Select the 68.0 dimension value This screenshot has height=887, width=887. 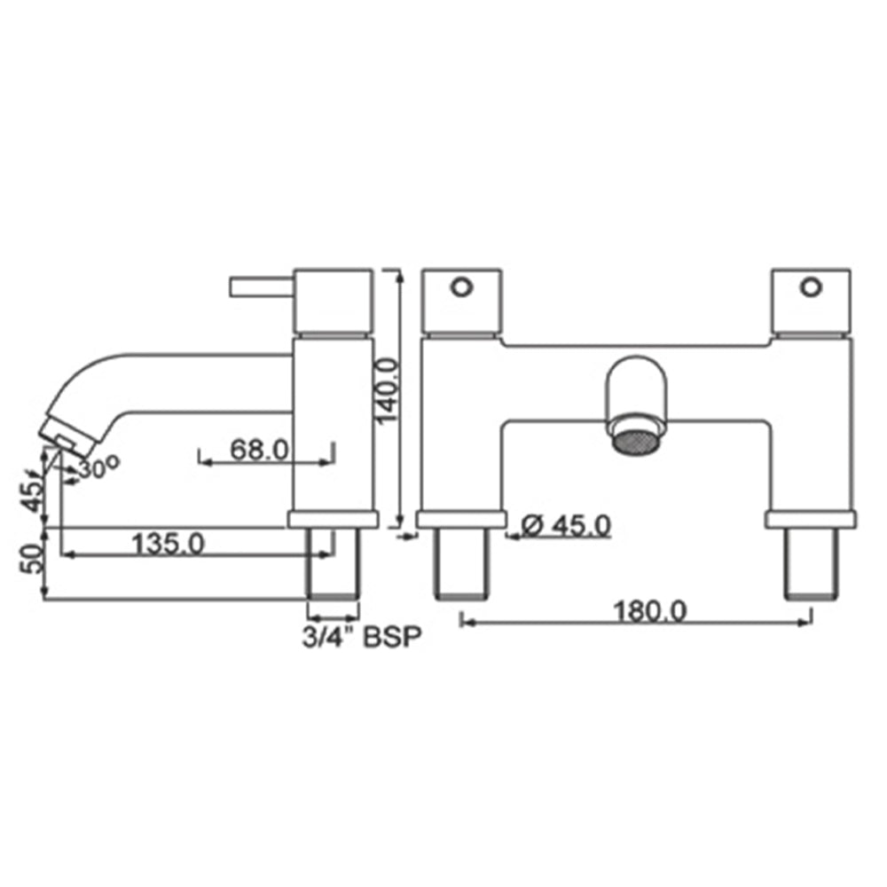260,450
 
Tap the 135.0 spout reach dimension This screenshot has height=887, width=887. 168,542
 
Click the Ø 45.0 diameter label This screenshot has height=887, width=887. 566,526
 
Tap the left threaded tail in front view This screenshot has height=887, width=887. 461,566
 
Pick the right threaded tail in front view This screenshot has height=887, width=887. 811,566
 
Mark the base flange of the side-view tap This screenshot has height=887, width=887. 334,520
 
